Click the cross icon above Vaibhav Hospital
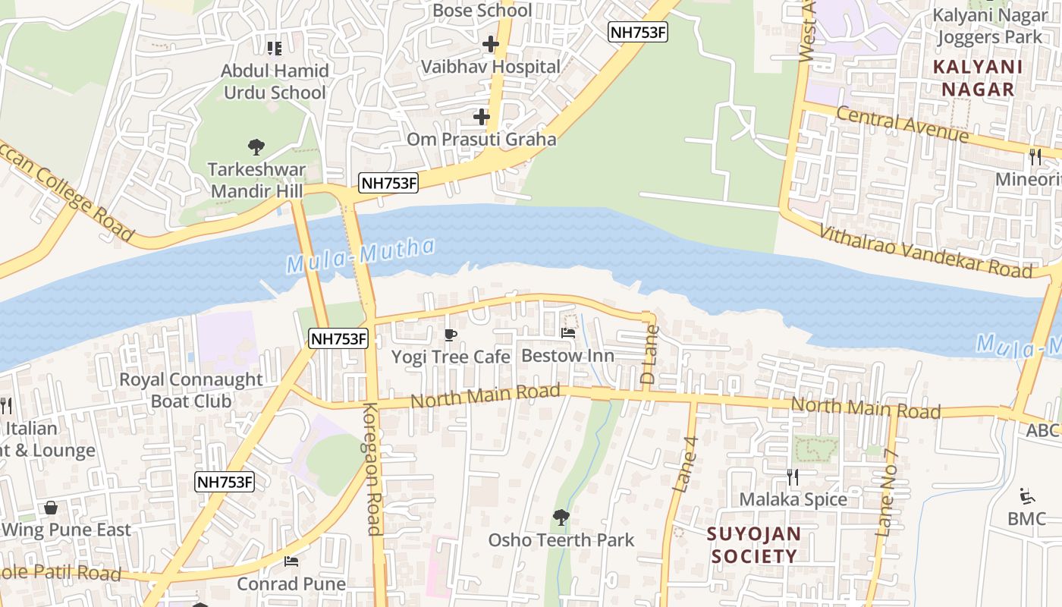[491, 44]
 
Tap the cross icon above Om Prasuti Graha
[481, 117]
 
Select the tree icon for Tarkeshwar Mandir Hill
[256, 146]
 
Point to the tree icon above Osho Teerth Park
[561, 517]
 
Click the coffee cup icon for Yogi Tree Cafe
[451, 335]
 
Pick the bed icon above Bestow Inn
[567, 333]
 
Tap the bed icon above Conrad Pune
[291, 561]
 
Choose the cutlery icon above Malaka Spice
[793, 476]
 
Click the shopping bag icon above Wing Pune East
[51, 508]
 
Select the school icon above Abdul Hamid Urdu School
[275, 49]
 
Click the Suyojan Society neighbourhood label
[753, 545]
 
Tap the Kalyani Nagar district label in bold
[978, 78]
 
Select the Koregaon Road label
[371, 469]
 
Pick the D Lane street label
[649, 354]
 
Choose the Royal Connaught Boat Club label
[191, 390]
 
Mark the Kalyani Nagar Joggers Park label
[989, 26]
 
